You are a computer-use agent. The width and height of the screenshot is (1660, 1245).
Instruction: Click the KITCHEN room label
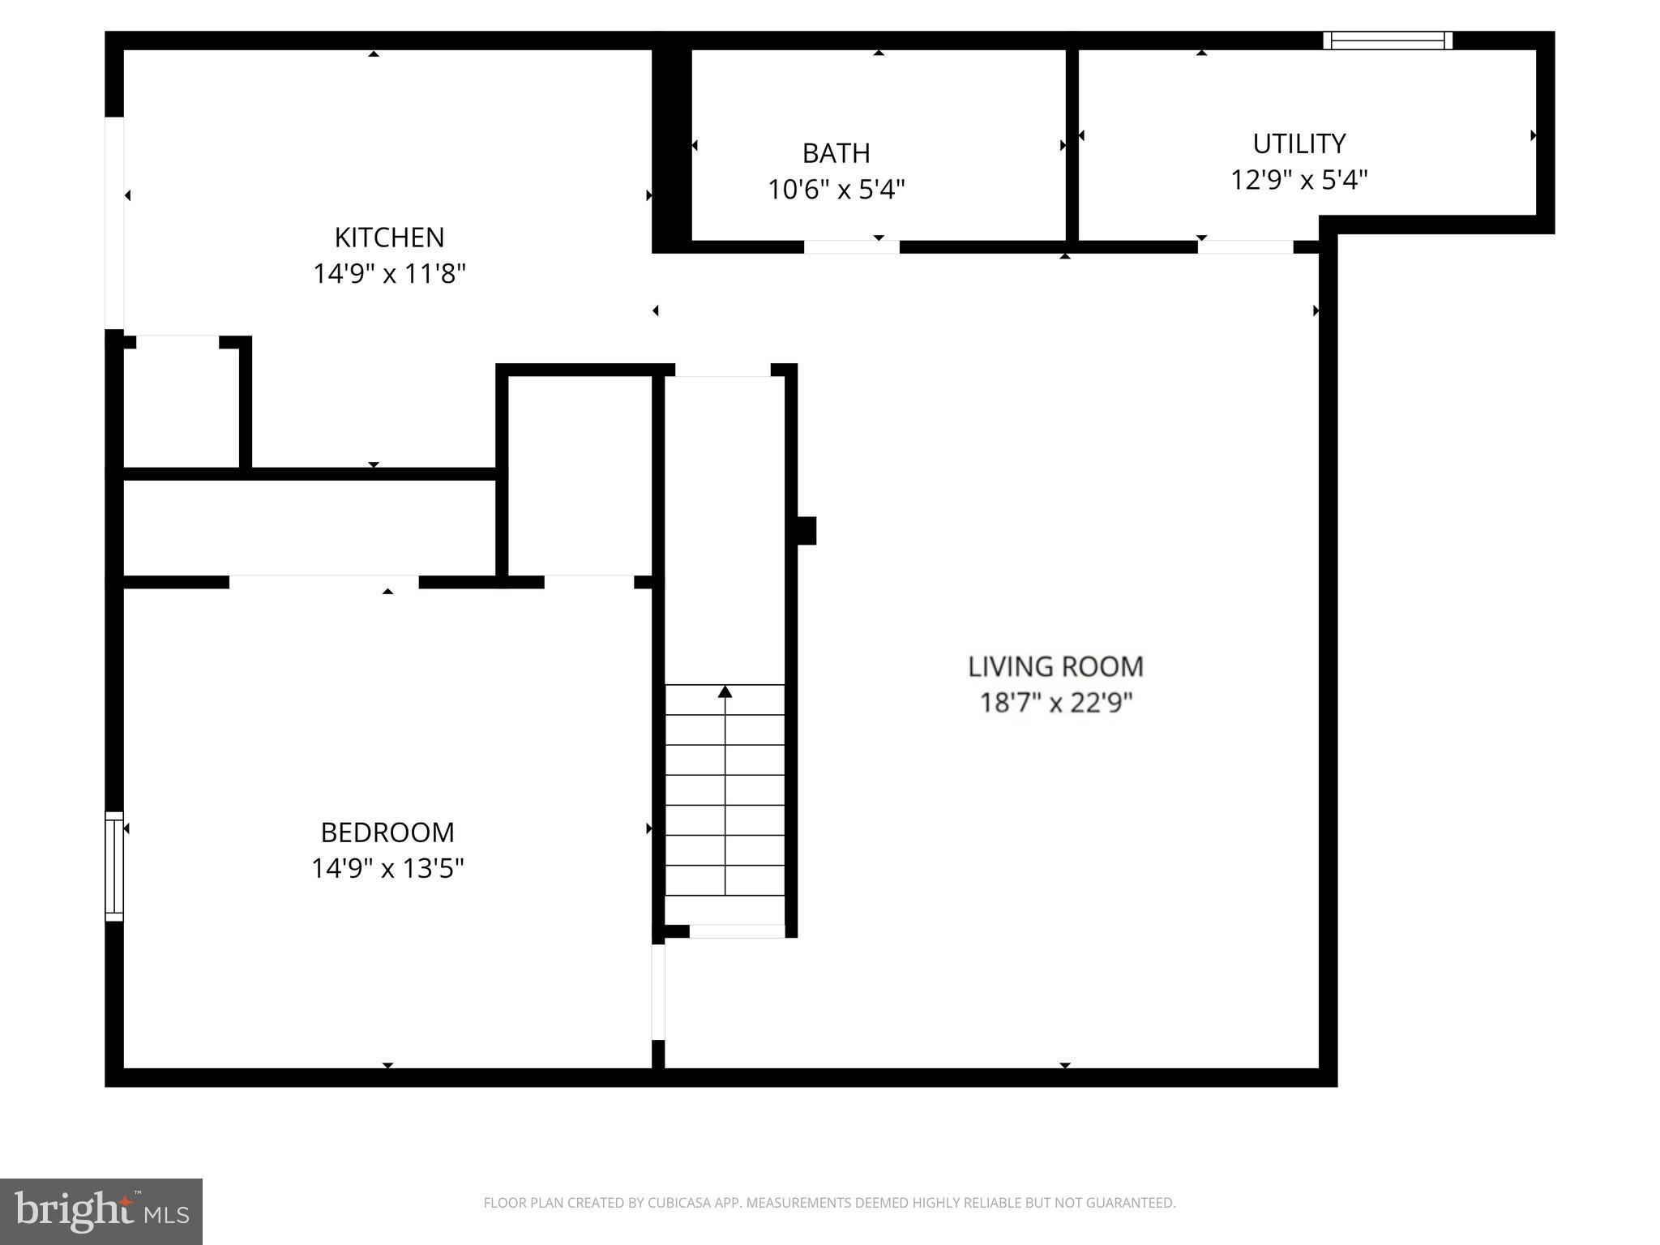389,237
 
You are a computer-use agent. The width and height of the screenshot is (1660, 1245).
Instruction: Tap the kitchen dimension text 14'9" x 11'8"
389,274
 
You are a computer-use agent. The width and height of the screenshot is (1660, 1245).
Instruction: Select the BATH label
836,153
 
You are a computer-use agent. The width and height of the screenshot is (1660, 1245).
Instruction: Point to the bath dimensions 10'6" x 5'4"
836,190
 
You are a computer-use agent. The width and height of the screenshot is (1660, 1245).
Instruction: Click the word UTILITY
1298,143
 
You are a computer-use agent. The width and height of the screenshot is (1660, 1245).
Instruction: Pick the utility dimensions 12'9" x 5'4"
1298,180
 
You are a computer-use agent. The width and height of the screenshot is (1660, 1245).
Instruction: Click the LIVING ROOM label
1055,666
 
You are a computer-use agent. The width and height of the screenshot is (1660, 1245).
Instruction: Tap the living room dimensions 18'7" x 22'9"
1055,702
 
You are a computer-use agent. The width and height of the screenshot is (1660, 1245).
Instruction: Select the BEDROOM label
387,832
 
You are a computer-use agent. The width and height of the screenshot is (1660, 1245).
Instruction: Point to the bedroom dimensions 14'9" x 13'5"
387,869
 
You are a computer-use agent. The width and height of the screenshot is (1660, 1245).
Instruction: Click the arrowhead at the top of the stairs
725,691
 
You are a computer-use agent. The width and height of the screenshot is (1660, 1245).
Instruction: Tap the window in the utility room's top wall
1387,41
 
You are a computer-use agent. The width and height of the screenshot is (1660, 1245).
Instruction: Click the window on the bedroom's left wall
114,866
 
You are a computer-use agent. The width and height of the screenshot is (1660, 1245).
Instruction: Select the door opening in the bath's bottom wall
851,246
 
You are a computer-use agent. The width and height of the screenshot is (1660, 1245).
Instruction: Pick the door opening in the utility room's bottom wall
1245,246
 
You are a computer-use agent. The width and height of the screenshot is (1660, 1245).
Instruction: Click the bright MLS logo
101,1211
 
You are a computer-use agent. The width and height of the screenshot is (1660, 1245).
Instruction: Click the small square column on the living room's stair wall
806,531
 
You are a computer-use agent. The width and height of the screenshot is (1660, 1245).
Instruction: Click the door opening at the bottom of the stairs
736,931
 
